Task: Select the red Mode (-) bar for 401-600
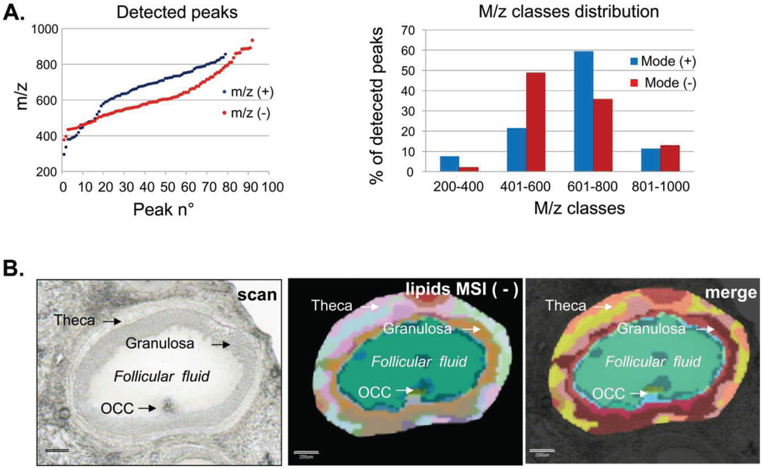pyautogui.click(x=535, y=122)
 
